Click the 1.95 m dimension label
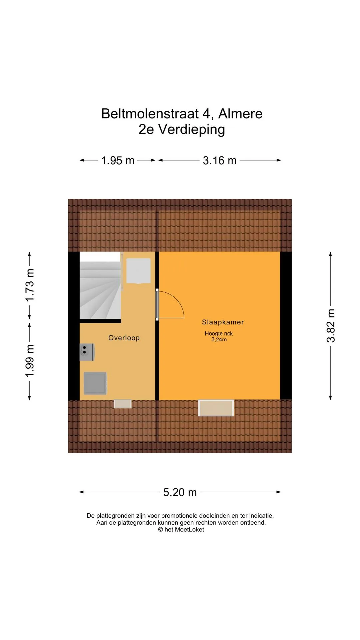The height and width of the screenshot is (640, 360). pyautogui.click(x=118, y=160)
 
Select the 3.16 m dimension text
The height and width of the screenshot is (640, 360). pyautogui.click(x=220, y=160)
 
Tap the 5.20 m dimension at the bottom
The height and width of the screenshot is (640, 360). pyautogui.click(x=180, y=492)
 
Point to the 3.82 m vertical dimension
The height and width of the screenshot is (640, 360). pyautogui.click(x=331, y=326)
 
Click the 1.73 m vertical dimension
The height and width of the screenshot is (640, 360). pyautogui.click(x=30, y=285)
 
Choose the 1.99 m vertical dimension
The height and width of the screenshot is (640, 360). pyautogui.click(x=30, y=361)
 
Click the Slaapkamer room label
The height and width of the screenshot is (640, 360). pyautogui.click(x=223, y=322)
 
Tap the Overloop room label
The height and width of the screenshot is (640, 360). pyautogui.click(x=124, y=338)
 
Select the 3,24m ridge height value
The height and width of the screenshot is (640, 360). pyautogui.click(x=219, y=340)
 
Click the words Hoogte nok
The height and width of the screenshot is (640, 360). pyautogui.click(x=219, y=333)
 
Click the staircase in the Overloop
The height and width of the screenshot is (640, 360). pyautogui.click(x=100, y=285)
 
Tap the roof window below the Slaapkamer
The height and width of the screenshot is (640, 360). pyautogui.click(x=216, y=408)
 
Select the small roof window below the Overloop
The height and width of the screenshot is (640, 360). pyautogui.click(x=123, y=404)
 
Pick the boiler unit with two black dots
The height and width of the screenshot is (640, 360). pyautogui.click(x=87, y=352)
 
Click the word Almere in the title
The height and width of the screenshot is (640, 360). pyautogui.click(x=240, y=114)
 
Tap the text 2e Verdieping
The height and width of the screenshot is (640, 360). pyautogui.click(x=182, y=129)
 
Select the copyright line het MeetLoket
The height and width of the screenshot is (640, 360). pyautogui.click(x=181, y=530)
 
